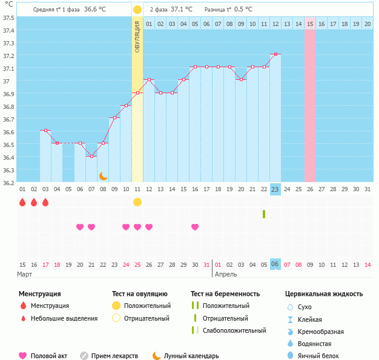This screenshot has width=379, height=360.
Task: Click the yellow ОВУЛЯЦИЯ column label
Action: tap(137, 36)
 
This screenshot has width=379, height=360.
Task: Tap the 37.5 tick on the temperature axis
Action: tap(8, 18)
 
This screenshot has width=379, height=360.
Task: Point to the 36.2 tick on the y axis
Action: tap(8, 183)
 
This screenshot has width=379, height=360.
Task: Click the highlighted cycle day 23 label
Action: tap(275, 189)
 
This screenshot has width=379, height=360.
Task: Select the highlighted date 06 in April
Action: tap(275, 264)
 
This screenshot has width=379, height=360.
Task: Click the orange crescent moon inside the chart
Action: tap(104, 176)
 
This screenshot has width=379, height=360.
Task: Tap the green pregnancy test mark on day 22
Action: tap(264, 214)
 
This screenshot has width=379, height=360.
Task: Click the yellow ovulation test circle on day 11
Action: tap(137, 202)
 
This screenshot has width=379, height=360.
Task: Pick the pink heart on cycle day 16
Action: tap(195, 227)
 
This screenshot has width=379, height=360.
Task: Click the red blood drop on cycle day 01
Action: tap(22, 202)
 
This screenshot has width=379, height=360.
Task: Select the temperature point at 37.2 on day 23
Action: tap(275, 54)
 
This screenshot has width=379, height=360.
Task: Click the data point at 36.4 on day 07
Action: tap(91, 156)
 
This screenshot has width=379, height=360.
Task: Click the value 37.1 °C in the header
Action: tap(181, 10)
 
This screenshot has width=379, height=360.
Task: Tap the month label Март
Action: tap(25, 275)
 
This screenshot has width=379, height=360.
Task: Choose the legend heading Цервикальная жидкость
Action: tap(323, 293)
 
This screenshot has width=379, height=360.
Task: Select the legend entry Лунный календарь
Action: tap(185, 356)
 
